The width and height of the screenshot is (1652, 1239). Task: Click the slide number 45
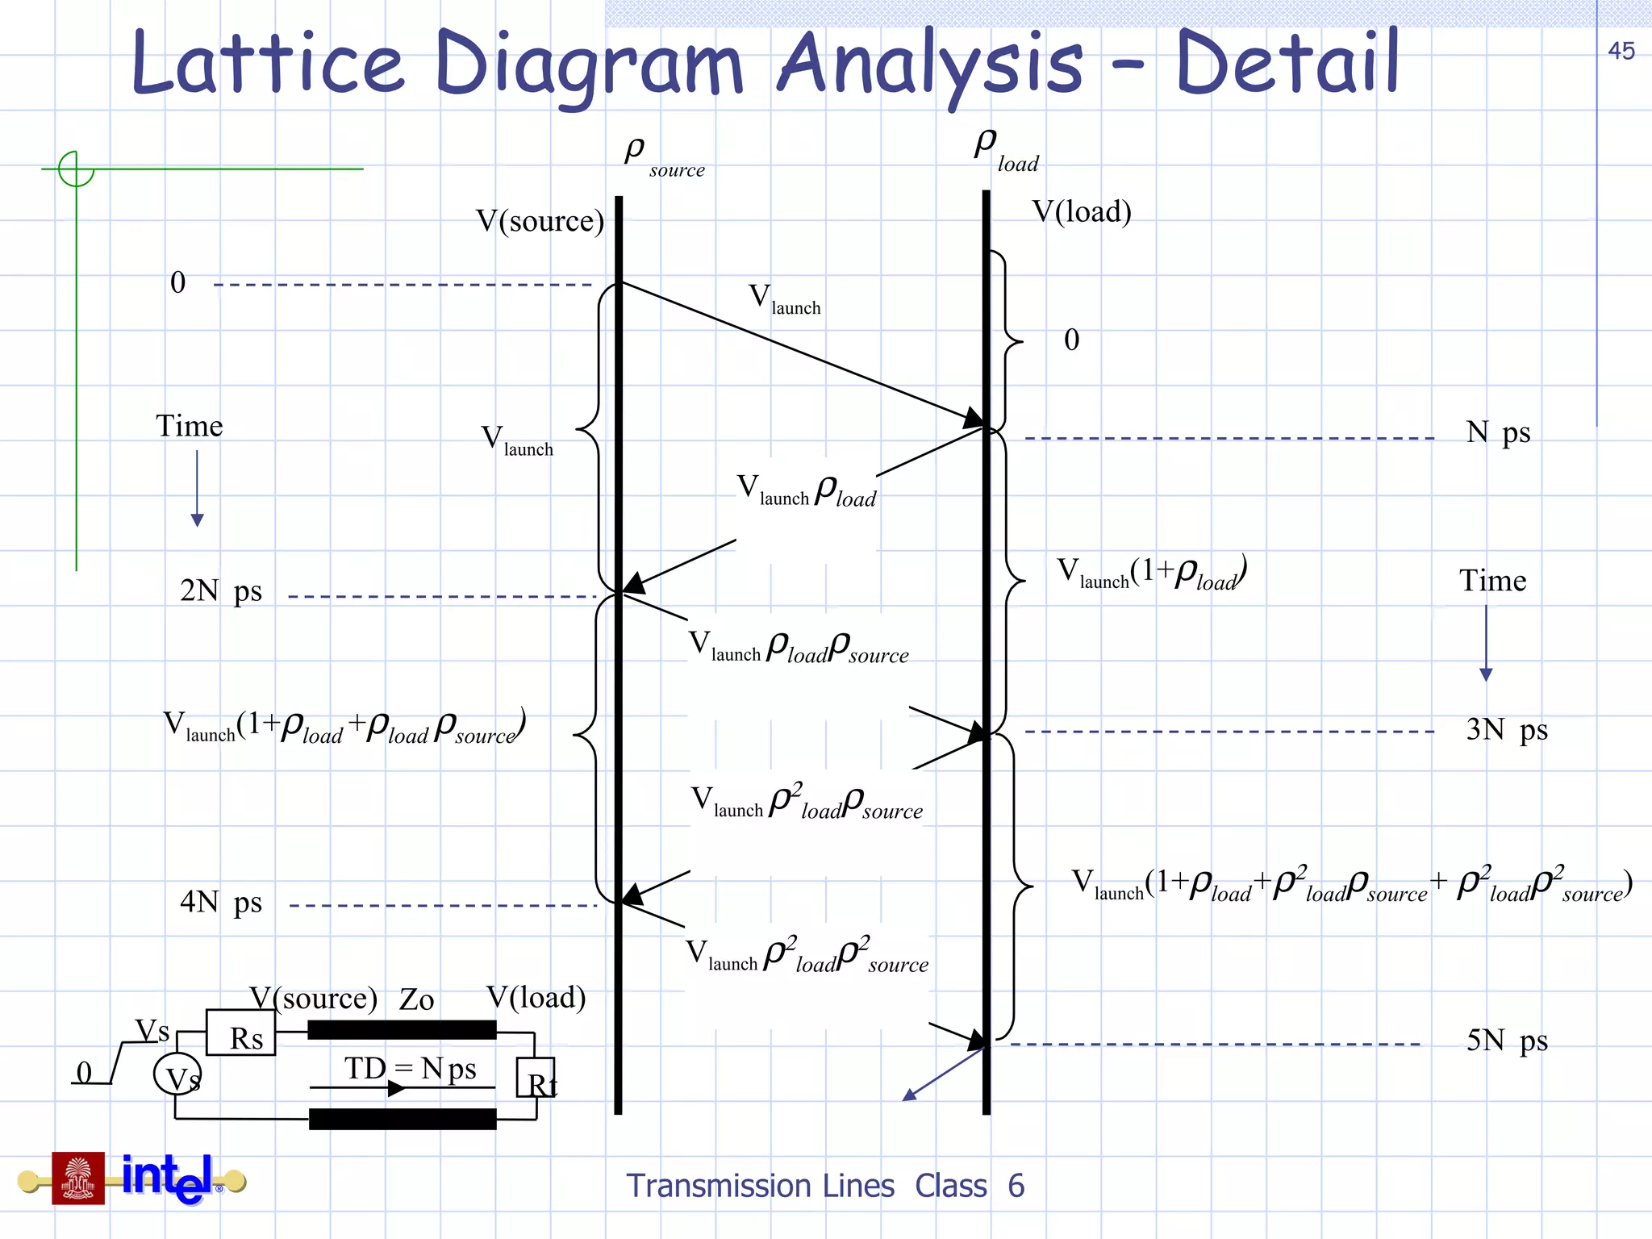tap(1621, 51)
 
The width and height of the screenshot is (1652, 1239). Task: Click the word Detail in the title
tap(1287, 63)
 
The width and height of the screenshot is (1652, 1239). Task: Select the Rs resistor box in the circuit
tap(240, 1033)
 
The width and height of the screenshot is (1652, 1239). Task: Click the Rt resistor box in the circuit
tap(536, 1078)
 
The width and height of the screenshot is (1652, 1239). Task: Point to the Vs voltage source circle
tap(177, 1074)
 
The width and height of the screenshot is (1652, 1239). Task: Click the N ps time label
tap(1497, 433)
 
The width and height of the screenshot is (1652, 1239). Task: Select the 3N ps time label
tap(1506, 730)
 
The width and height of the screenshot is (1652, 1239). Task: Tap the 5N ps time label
tap(1506, 1041)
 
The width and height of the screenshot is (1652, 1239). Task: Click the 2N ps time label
tap(220, 591)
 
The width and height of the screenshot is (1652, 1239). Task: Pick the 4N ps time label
tap(220, 902)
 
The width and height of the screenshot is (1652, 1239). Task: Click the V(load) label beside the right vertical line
tap(1082, 212)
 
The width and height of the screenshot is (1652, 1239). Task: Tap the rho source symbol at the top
tap(663, 156)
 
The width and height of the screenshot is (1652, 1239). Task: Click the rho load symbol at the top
tap(1005, 150)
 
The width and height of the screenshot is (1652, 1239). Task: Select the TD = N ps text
tap(410, 1069)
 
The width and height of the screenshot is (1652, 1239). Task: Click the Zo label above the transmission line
tap(416, 1000)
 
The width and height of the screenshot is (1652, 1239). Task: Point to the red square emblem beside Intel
tap(78, 1179)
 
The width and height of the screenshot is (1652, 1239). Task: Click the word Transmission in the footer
tap(760, 1186)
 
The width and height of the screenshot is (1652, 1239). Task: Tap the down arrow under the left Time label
tap(197, 489)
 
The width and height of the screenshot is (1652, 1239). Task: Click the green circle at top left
tap(76, 169)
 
